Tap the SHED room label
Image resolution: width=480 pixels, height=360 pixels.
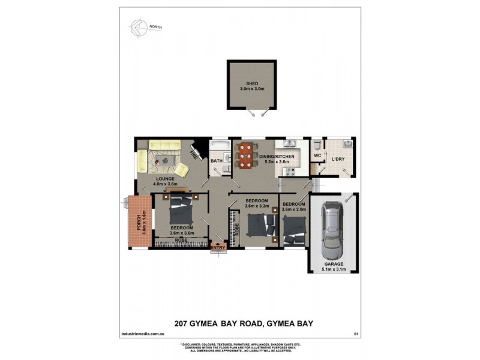[247, 83]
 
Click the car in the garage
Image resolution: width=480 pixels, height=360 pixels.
[331, 229]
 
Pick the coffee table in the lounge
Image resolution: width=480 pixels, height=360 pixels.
[164, 160]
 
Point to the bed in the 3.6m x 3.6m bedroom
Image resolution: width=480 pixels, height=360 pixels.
[181, 211]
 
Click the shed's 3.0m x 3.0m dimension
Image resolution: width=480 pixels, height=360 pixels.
[247, 89]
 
